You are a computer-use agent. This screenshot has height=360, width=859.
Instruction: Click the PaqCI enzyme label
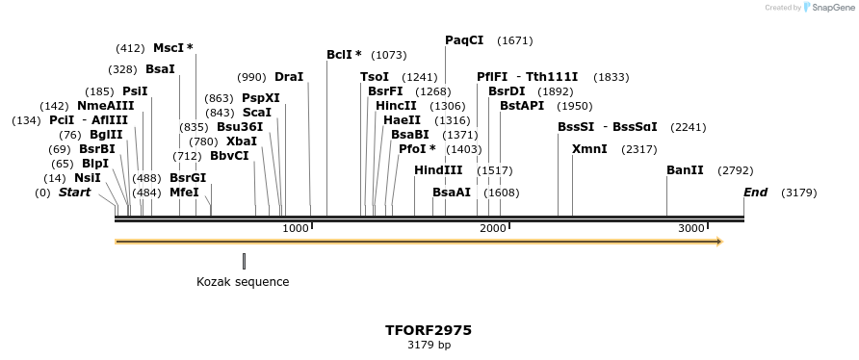(x=464, y=40)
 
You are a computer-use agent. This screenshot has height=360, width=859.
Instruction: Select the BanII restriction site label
(x=685, y=170)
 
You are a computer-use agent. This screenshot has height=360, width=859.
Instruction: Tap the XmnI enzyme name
(x=589, y=149)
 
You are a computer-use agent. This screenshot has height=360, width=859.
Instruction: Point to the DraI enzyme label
(x=289, y=77)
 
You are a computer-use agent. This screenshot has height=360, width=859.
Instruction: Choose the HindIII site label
(x=438, y=170)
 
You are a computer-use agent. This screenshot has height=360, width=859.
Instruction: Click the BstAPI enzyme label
(x=522, y=106)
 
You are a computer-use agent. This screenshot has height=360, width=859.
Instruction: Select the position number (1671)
(x=514, y=41)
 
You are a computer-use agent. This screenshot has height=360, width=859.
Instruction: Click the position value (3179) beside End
(x=798, y=193)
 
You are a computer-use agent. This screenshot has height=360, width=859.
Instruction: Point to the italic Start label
(x=75, y=193)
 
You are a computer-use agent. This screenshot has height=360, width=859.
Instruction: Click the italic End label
(x=755, y=193)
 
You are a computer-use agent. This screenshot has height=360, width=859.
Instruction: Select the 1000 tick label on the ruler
(x=296, y=228)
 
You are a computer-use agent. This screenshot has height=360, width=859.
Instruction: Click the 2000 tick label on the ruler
(x=493, y=228)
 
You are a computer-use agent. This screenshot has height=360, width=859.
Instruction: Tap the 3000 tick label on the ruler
(x=691, y=228)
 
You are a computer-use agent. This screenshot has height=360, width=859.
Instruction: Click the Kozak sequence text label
(x=243, y=282)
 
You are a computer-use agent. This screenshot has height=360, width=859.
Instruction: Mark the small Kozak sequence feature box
(x=244, y=261)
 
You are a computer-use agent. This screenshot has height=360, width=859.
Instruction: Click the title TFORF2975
(x=429, y=330)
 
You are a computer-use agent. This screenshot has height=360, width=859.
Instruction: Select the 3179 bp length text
(x=429, y=345)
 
